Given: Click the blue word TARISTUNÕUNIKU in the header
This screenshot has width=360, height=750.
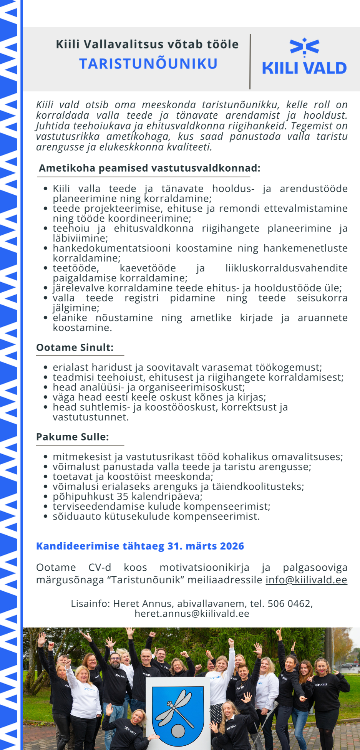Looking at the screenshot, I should (148, 64).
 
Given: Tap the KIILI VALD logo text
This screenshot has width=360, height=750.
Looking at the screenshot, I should (304, 68).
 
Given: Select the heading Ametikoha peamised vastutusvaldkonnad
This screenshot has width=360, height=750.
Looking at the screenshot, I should (149, 168).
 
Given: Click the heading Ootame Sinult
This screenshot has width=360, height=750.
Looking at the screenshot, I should (75, 348).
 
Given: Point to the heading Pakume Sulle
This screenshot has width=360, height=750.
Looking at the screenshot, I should (73, 437).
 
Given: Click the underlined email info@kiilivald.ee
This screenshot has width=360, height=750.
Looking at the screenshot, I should (306, 579).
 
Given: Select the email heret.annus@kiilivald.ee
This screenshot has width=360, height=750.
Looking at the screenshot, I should (192, 614).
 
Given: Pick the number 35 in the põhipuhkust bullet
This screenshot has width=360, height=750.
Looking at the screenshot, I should (123, 497).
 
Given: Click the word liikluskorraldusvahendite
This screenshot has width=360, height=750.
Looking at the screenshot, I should (286, 268).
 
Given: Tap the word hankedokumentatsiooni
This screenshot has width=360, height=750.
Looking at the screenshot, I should (112, 248).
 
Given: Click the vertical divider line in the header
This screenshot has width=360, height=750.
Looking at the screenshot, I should (250, 61).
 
